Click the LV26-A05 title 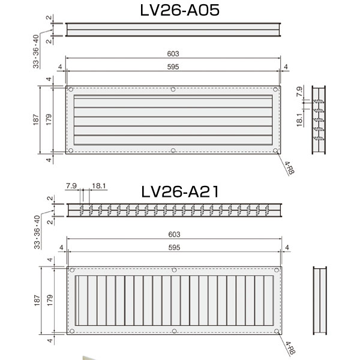tap(180, 10)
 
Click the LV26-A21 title tap(180, 192)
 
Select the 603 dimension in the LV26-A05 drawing tap(173, 54)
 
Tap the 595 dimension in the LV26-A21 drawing tap(174, 247)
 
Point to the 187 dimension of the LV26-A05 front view tap(36, 119)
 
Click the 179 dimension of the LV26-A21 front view tap(50, 301)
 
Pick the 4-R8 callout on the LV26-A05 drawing tap(289, 168)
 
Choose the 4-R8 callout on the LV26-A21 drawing tap(290, 348)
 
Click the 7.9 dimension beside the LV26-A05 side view tap(299, 91)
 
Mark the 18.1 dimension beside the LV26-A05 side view tap(299, 119)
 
